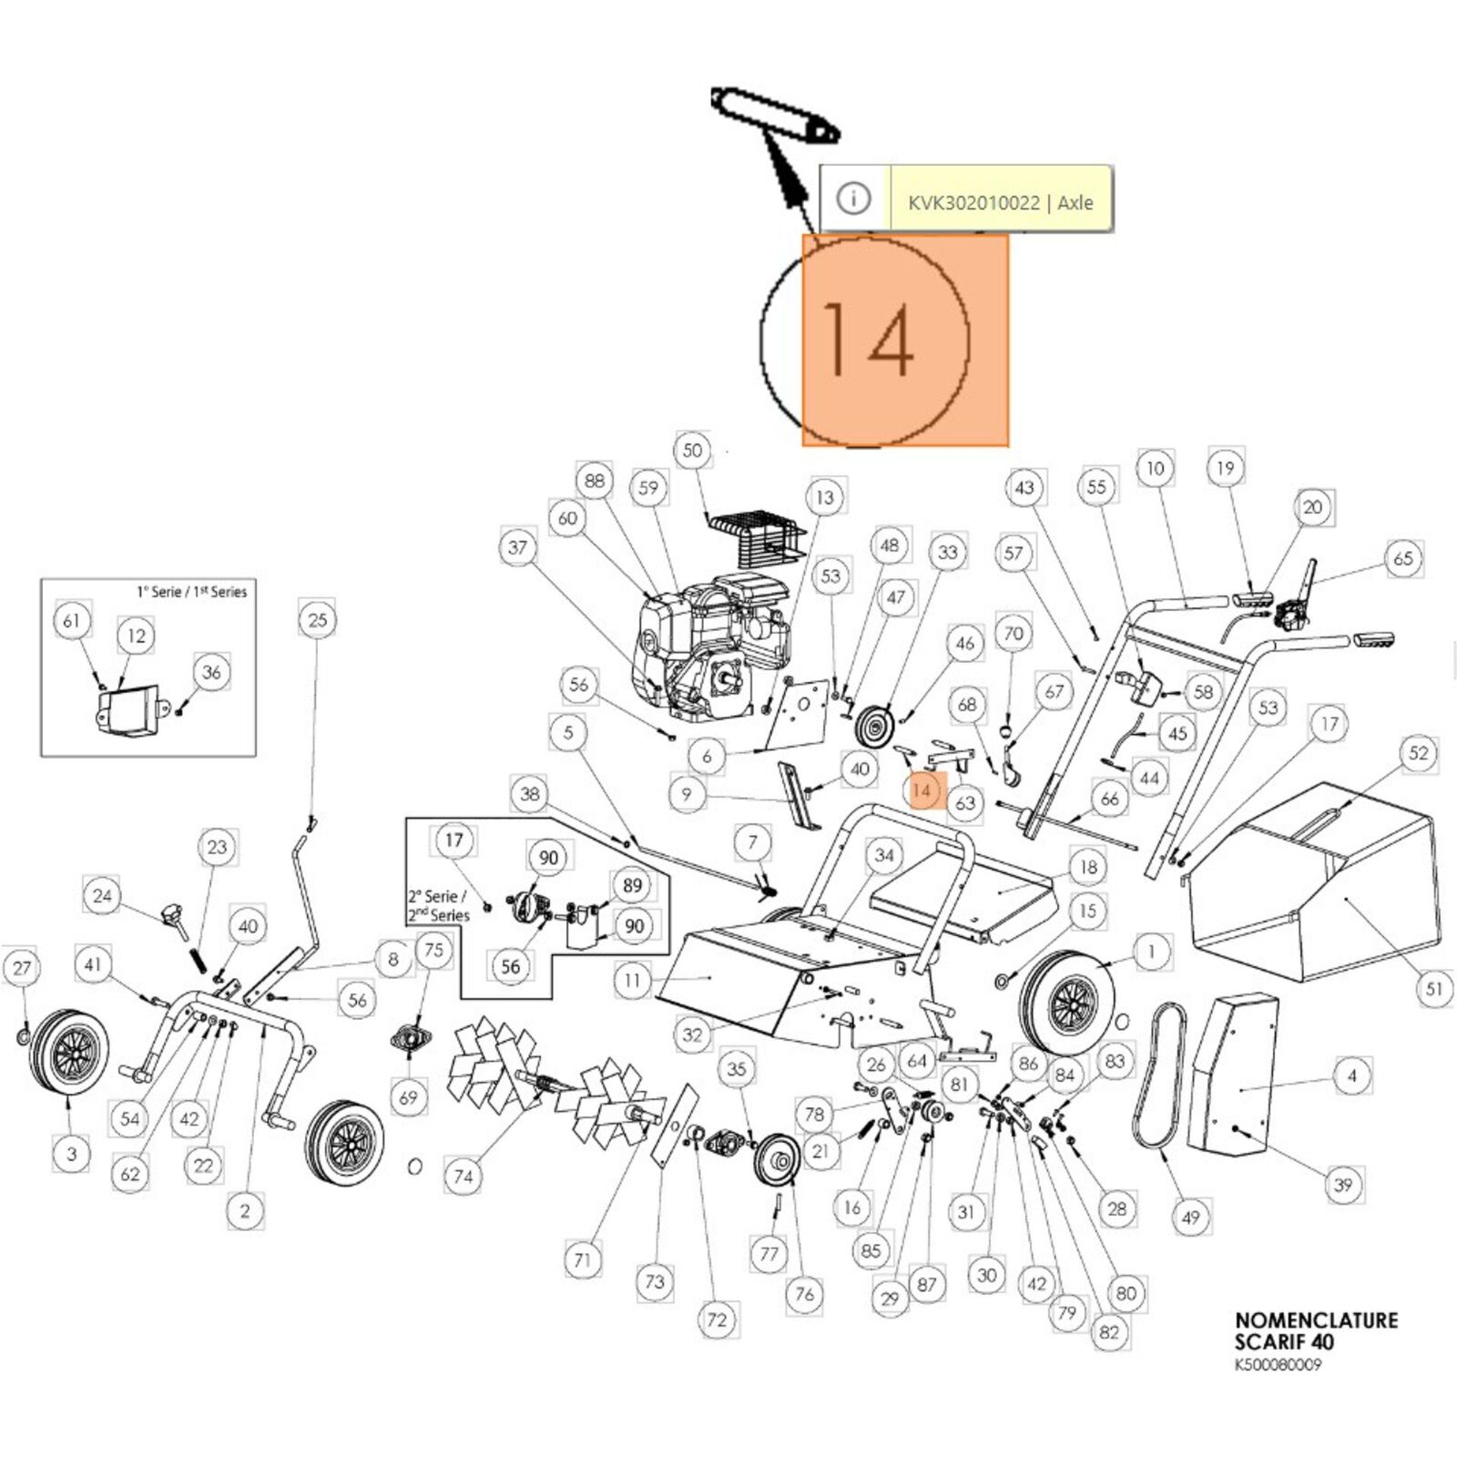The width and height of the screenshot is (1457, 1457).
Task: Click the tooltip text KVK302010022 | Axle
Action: tap(1000, 202)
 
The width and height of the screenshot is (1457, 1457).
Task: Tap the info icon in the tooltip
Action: tap(853, 199)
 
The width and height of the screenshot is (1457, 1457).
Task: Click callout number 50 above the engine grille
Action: tap(693, 450)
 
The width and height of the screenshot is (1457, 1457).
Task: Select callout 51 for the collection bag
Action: tap(1434, 988)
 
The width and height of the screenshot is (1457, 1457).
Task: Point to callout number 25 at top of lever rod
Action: tap(317, 620)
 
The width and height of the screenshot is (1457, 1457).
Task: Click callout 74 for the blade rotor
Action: tap(464, 1177)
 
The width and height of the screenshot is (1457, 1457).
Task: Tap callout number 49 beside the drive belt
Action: tap(1190, 1217)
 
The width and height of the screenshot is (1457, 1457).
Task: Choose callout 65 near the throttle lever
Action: tap(1403, 557)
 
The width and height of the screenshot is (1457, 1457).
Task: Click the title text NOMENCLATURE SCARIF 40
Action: tap(1316, 1330)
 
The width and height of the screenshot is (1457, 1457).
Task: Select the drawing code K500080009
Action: tap(1278, 1365)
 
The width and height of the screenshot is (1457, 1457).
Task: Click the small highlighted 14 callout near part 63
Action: tap(922, 790)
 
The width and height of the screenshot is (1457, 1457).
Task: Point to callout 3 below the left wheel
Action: tap(72, 1154)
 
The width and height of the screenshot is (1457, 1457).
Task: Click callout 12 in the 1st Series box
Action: tap(137, 636)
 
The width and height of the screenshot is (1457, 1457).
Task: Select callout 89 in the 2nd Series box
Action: tap(632, 884)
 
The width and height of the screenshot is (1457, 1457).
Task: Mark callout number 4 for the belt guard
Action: tap(1351, 1075)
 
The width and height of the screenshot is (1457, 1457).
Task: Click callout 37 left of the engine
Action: tap(518, 547)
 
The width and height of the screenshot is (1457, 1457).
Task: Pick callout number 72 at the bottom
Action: tap(718, 1319)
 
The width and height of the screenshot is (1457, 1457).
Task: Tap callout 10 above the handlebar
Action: tap(1155, 468)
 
